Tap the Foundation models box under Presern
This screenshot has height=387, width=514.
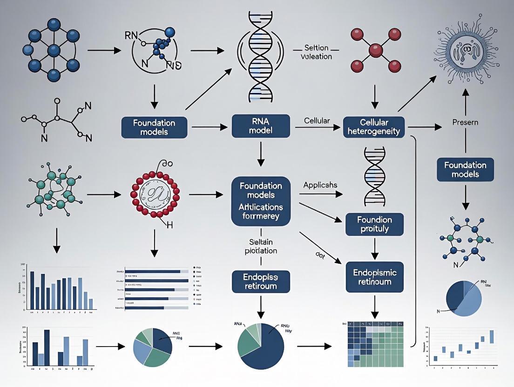pos(465,170)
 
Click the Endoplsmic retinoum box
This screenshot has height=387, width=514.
pos(375,278)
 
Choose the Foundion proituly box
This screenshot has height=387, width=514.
pos(374,224)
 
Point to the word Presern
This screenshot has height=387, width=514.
pos(466,122)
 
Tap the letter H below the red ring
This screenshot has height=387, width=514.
pos(169,225)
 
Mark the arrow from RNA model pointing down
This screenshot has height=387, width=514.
pos(261,155)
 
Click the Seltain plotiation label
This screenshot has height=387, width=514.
pos(261,246)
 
